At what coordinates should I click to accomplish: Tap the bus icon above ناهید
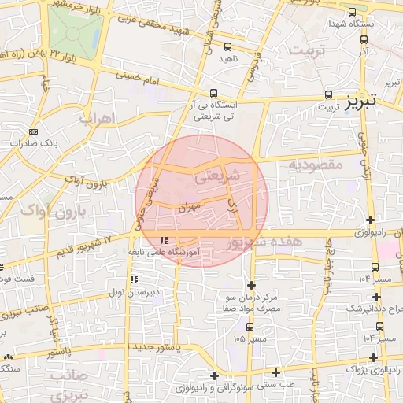point(227,47)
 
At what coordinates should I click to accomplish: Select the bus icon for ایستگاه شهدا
point(351,13)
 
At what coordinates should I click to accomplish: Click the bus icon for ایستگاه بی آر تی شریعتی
point(214,93)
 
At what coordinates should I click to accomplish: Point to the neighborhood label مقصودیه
point(315,165)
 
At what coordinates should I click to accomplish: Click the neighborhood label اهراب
point(98,118)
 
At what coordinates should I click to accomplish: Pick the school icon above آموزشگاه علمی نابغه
point(164,240)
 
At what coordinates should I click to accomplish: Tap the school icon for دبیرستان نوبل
point(133,279)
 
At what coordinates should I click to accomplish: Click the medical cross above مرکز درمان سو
point(251,285)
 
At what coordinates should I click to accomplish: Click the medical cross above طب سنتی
point(275,372)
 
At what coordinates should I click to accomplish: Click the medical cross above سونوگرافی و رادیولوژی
point(214,375)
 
